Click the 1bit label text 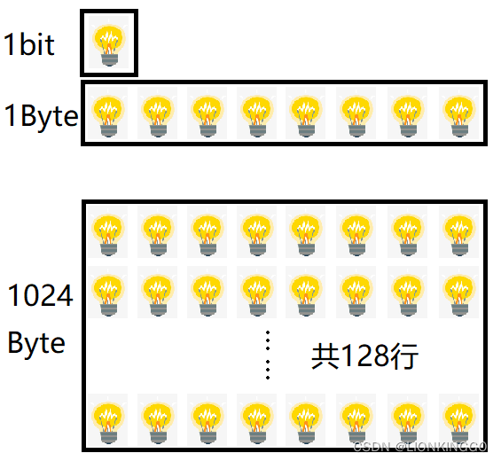pyautogui.click(x=29, y=44)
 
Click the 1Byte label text pyautogui.click(x=40, y=115)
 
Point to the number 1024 pyautogui.click(x=41, y=295)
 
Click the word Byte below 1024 pyautogui.click(x=36, y=343)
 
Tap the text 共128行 pyautogui.click(x=364, y=356)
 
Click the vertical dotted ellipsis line pyautogui.click(x=268, y=356)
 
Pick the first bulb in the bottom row pyautogui.click(x=109, y=418)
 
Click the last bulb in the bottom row pyautogui.click(x=458, y=418)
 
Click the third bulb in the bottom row pyautogui.click(x=208, y=418)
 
